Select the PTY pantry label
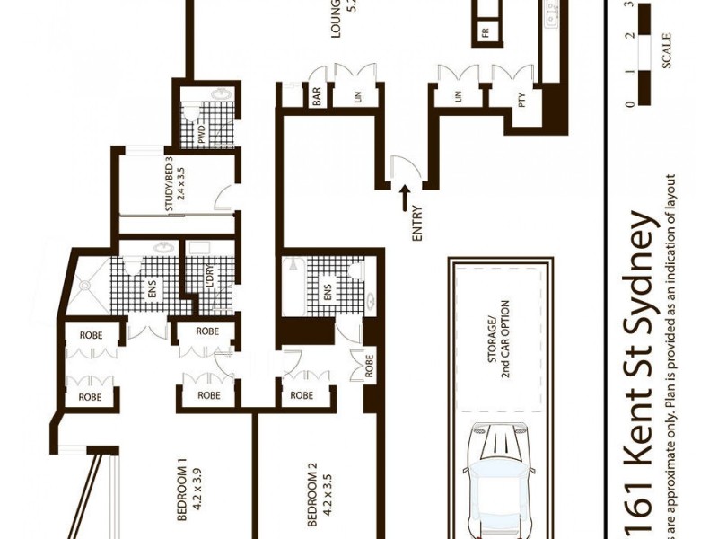521,102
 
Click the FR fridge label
486,33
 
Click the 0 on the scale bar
632,103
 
